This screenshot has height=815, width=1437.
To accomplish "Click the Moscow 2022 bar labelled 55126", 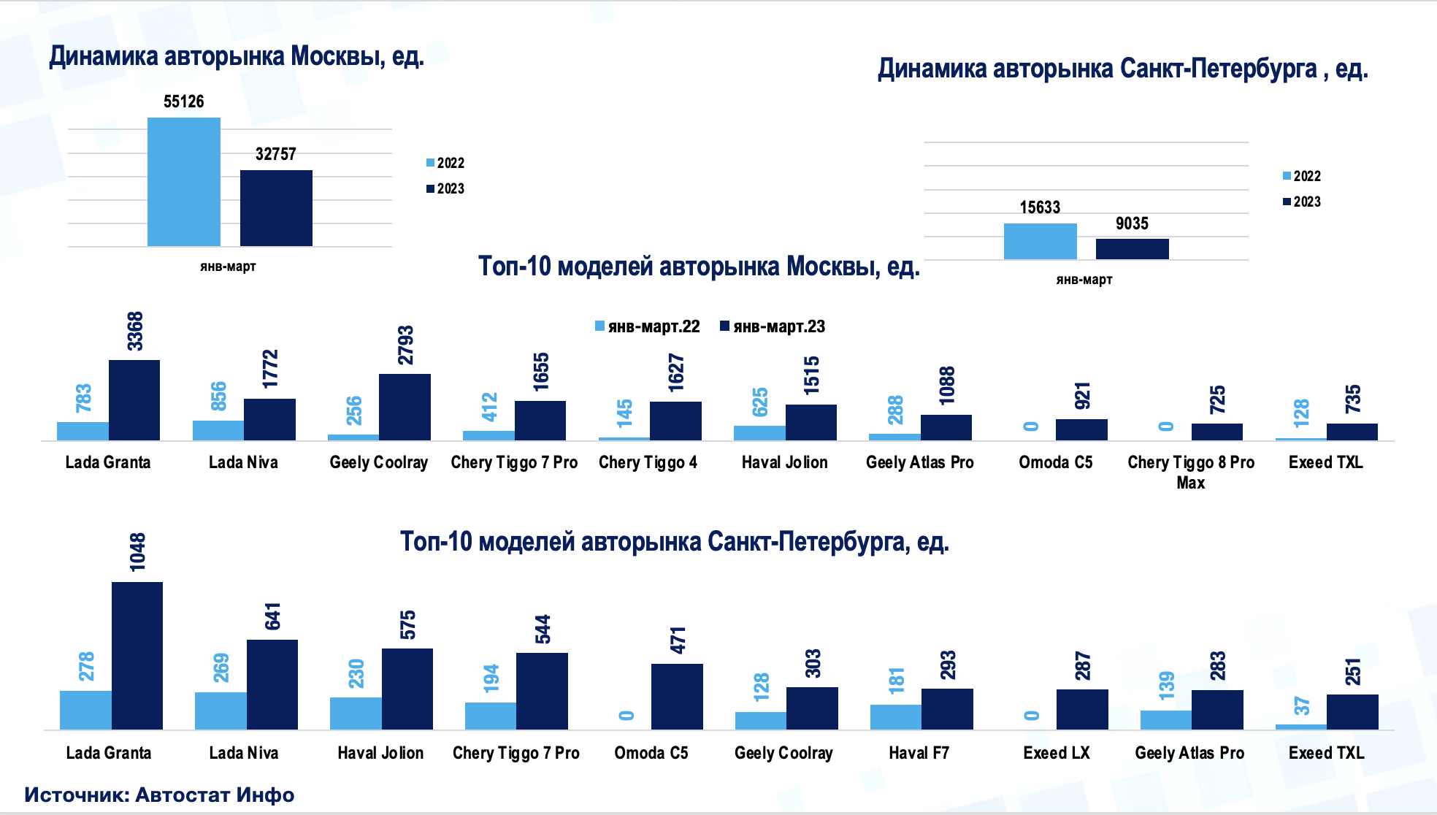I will (x=183, y=182).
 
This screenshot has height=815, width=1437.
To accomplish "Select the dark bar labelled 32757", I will (x=276, y=208).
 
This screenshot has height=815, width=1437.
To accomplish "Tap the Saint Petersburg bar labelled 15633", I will (x=1040, y=241).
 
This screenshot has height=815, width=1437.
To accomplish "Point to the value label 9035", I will (x=1132, y=223).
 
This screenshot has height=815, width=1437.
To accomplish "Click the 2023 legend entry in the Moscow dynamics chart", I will (x=446, y=188).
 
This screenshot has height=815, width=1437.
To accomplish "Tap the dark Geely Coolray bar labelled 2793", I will (x=405, y=407).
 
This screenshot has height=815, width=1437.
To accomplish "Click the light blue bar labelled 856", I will (x=218, y=430).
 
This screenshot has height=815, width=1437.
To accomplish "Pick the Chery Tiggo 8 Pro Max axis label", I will (x=1191, y=472).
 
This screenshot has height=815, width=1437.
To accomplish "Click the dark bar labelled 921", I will (x=1081, y=429).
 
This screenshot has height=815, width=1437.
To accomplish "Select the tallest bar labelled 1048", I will (x=137, y=655).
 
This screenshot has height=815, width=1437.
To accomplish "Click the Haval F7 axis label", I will (x=919, y=753).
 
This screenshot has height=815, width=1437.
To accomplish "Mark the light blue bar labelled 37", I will (x=1301, y=727).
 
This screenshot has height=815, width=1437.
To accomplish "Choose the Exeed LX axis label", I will (x=1056, y=753).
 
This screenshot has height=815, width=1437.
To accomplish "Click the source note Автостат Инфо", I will (x=159, y=795).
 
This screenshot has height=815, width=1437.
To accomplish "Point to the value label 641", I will (x=272, y=616).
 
